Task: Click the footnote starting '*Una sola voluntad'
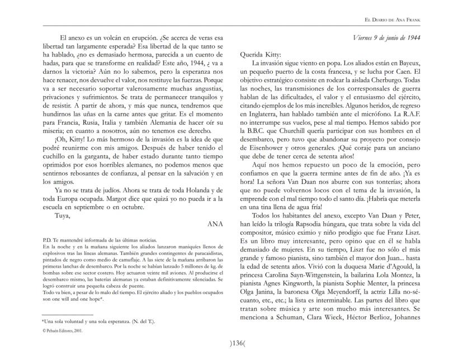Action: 91,321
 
